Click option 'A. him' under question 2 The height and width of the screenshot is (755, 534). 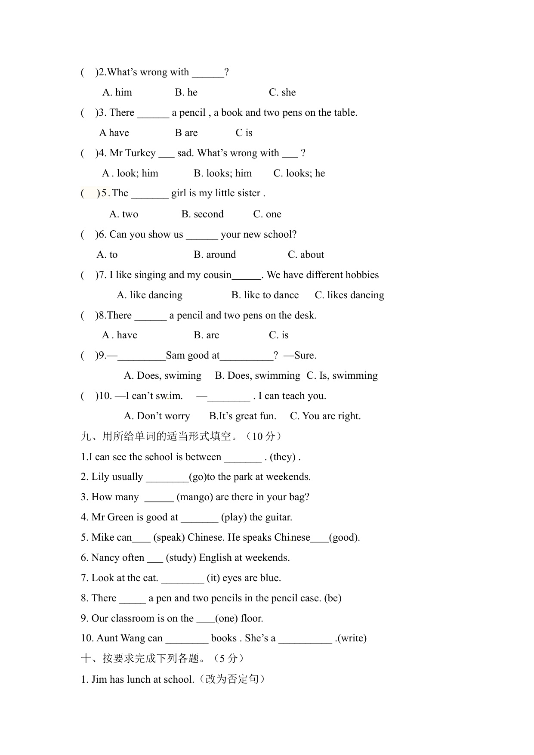pyautogui.click(x=117, y=93)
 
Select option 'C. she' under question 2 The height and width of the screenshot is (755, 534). pyautogui.click(x=282, y=93)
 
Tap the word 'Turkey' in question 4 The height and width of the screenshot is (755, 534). pyautogui.click(x=141, y=153)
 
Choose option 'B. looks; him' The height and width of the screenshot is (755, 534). pyautogui.click(x=222, y=173)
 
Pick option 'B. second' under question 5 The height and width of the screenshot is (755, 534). pyautogui.click(x=202, y=214)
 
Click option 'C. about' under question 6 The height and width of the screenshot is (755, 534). pyautogui.click(x=306, y=255)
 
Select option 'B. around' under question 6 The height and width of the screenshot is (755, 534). pyautogui.click(x=215, y=255)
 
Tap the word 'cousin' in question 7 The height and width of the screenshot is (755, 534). pyautogui.click(x=217, y=275)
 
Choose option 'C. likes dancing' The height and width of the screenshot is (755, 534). pyautogui.click(x=349, y=295)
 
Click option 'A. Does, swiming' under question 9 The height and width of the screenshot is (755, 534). pyautogui.click(x=162, y=376)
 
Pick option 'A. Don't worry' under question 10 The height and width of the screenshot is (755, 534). pyautogui.click(x=157, y=416)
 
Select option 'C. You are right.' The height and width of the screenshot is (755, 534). pyautogui.click(x=325, y=416)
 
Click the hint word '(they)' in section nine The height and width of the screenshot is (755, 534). pyautogui.click(x=283, y=457)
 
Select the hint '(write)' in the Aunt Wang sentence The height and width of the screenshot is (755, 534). pyautogui.click(x=352, y=638)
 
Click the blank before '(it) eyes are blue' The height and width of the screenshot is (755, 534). pyautogui.click(x=182, y=578)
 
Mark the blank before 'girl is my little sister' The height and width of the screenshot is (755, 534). pyautogui.click(x=150, y=194)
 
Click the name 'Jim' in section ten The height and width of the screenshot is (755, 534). pyautogui.click(x=99, y=680)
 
